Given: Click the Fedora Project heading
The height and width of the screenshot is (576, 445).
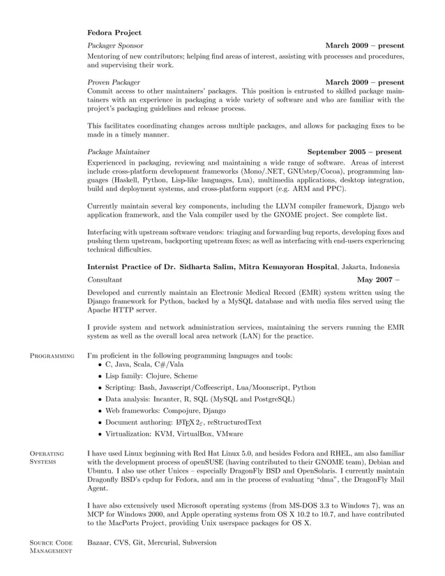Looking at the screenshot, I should (x=114, y=32).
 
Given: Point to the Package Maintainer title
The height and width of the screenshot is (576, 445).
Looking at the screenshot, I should (x=118, y=151).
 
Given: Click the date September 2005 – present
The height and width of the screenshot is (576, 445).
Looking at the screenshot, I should (x=354, y=151).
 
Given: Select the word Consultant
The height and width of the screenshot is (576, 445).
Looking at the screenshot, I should (x=105, y=279).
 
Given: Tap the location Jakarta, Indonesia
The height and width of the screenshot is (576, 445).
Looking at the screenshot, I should (x=384, y=266).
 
